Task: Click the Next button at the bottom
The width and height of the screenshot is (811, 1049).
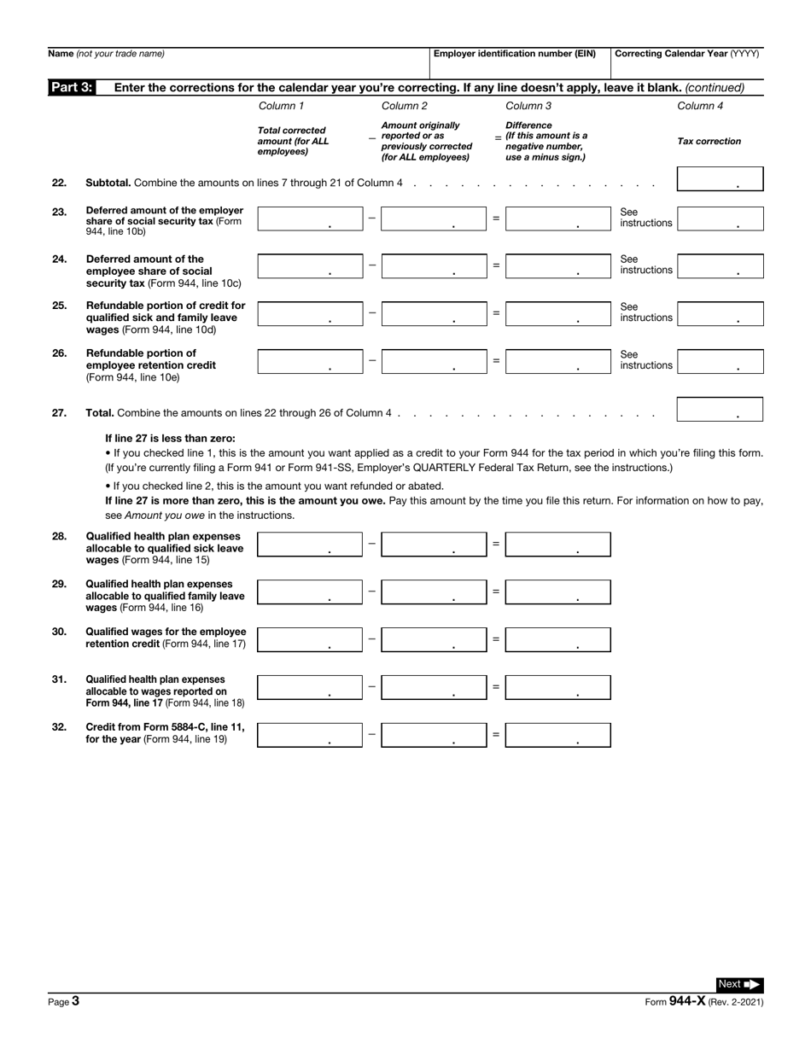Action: pyautogui.click(x=738, y=984)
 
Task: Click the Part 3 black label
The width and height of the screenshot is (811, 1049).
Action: pyautogui.click(x=72, y=87)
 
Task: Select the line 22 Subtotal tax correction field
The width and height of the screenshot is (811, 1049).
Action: pyautogui.click(x=720, y=179)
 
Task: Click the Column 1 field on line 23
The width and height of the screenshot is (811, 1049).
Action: pyautogui.click(x=309, y=219)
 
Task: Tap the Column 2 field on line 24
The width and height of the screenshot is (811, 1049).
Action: pyautogui.click(x=433, y=266)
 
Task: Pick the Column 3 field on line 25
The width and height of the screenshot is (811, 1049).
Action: pyautogui.click(x=557, y=313)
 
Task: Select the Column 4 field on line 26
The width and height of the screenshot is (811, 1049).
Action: pyautogui.click(x=720, y=361)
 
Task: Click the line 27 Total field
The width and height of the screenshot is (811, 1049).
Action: pyautogui.click(x=720, y=409)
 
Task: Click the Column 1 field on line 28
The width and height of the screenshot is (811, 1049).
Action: pyautogui.click(x=309, y=545)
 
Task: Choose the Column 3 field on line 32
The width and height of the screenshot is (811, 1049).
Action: pyautogui.click(x=557, y=735)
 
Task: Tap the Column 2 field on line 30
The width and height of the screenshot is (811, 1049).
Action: pyautogui.click(x=433, y=639)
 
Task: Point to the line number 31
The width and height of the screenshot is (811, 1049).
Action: pyautogui.click(x=59, y=679)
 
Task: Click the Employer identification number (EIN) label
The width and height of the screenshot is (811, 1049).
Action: pyautogui.click(x=515, y=54)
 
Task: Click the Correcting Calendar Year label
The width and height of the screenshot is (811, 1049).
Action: pyautogui.click(x=686, y=54)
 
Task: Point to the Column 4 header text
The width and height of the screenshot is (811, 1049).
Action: pyautogui.click(x=700, y=107)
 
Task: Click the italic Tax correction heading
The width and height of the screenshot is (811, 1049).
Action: pyautogui.click(x=709, y=142)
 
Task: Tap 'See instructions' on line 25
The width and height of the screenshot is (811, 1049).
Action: pyautogui.click(x=645, y=312)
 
